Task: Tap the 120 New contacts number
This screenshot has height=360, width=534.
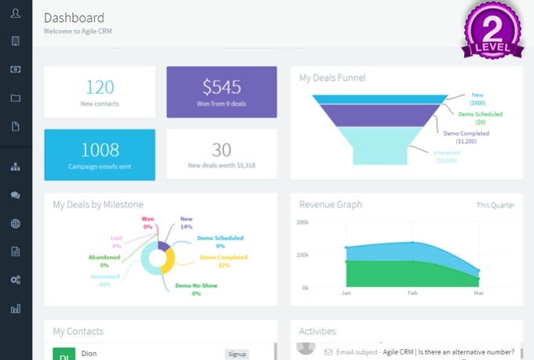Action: click(100, 86)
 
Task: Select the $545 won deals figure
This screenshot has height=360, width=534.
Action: click(221, 86)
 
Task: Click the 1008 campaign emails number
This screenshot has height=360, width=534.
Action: click(100, 149)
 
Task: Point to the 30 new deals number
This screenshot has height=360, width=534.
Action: click(221, 149)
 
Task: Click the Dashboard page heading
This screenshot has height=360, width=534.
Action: click(74, 17)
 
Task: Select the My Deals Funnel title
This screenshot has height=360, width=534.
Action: click(332, 78)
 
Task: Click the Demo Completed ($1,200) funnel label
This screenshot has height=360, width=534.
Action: click(466, 138)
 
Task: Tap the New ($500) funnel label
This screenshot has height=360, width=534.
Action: click(477, 98)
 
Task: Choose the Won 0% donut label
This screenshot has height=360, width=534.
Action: click(147, 222)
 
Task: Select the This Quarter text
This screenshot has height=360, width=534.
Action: click(496, 206)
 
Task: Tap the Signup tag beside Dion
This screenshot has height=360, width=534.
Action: click(236, 354)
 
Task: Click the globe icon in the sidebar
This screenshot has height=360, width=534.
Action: click(16, 223)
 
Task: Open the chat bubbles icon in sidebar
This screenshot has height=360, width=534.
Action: click(16, 195)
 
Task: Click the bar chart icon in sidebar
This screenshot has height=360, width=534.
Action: click(16, 308)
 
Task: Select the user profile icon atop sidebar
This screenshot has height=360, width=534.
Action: click(16, 13)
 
